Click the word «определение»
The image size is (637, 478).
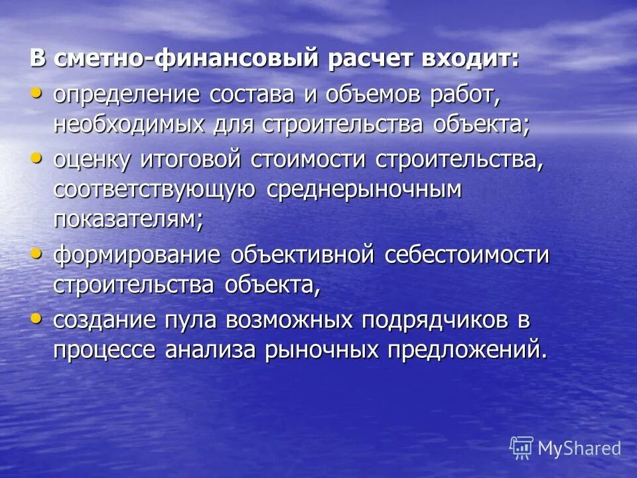[x=127, y=94]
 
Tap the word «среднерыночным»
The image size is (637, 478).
[x=363, y=191]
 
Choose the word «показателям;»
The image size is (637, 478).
[x=128, y=221]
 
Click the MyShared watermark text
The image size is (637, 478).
[x=579, y=448]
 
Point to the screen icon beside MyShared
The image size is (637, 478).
[x=522, y=447]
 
